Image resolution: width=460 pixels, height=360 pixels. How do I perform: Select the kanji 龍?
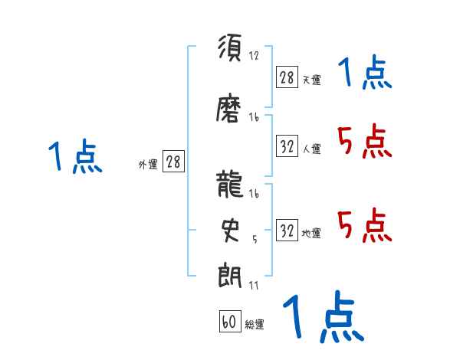pos(231,186)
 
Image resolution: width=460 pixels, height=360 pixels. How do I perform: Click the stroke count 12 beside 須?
pos(255,56)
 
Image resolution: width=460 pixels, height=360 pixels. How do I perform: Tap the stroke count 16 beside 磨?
pos(255,117)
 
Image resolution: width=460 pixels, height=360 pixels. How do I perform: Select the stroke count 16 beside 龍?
pos(255,194)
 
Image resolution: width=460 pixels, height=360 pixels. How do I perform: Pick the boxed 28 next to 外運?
pos(173,162)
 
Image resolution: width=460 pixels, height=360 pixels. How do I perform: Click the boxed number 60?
pos(229,322)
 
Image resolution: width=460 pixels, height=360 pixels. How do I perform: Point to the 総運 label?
pos(255,325)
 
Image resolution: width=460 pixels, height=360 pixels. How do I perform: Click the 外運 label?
pos(147,164)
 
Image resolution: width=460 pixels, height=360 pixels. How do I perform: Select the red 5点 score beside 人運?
pos(364,142)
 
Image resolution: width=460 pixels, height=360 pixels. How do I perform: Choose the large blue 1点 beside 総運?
pos(322,317)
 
